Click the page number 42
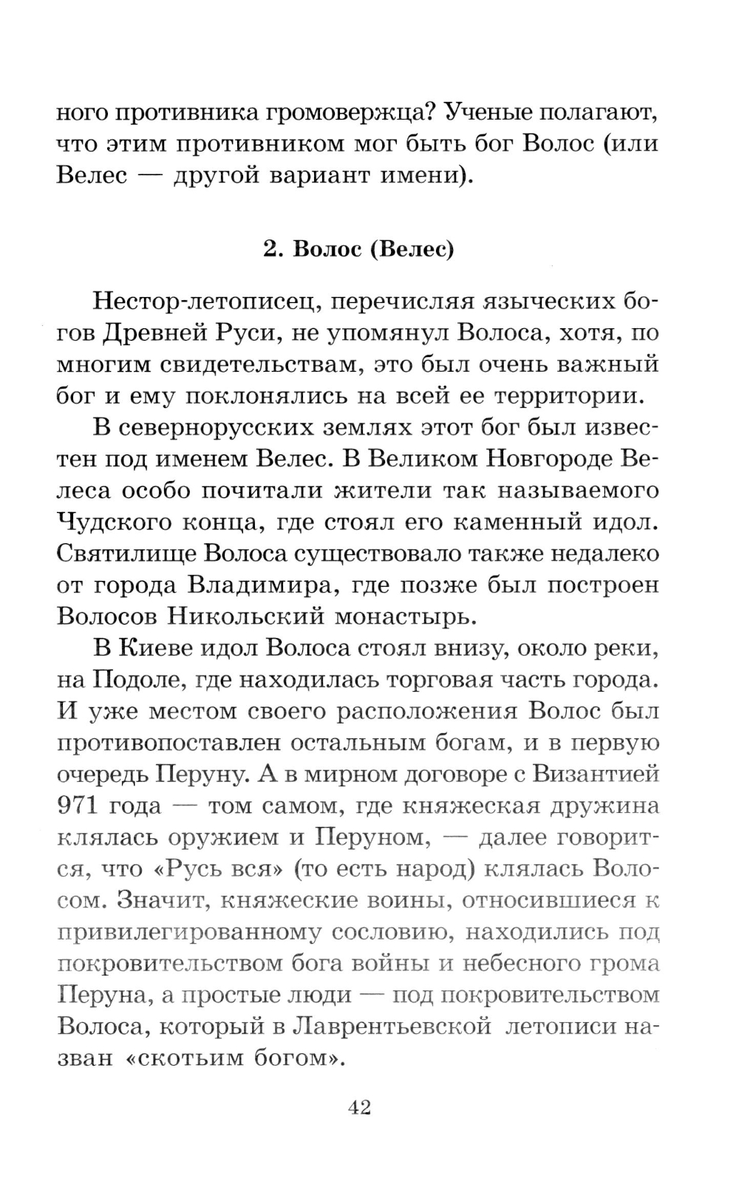(x=358, y=1107)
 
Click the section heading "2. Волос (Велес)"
(x=358, y=250)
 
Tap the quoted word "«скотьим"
(x=179, y=1058)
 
